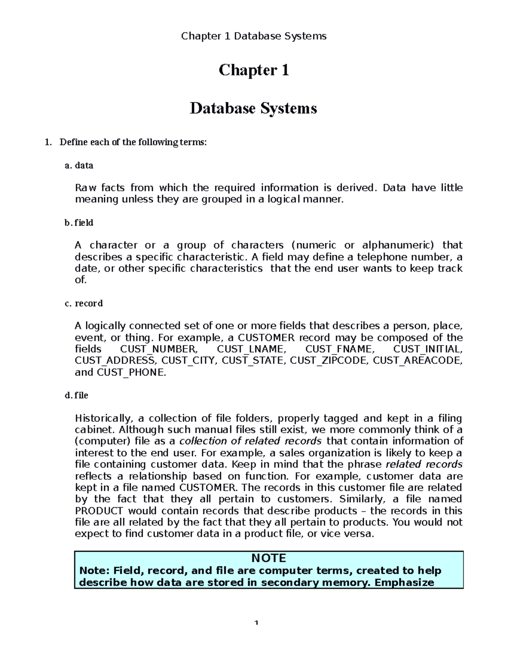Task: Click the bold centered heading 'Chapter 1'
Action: coord(254,70)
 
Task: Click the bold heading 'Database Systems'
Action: coord(253,108)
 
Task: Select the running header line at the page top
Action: coord(254,36)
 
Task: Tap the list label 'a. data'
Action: coord(79,165)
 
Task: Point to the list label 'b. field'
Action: coord(79,223)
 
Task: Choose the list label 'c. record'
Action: coord(84,303)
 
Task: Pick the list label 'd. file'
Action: coord(77,395)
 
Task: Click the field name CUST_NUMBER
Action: coord(158,349)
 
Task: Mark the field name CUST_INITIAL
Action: coord(428,349)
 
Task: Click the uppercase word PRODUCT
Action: coord(99,511)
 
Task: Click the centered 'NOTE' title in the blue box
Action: coord(268,558)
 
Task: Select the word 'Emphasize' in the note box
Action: coord(404,582)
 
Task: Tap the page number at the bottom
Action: coord(256,623)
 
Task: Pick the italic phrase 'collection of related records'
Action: coord(251,441)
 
